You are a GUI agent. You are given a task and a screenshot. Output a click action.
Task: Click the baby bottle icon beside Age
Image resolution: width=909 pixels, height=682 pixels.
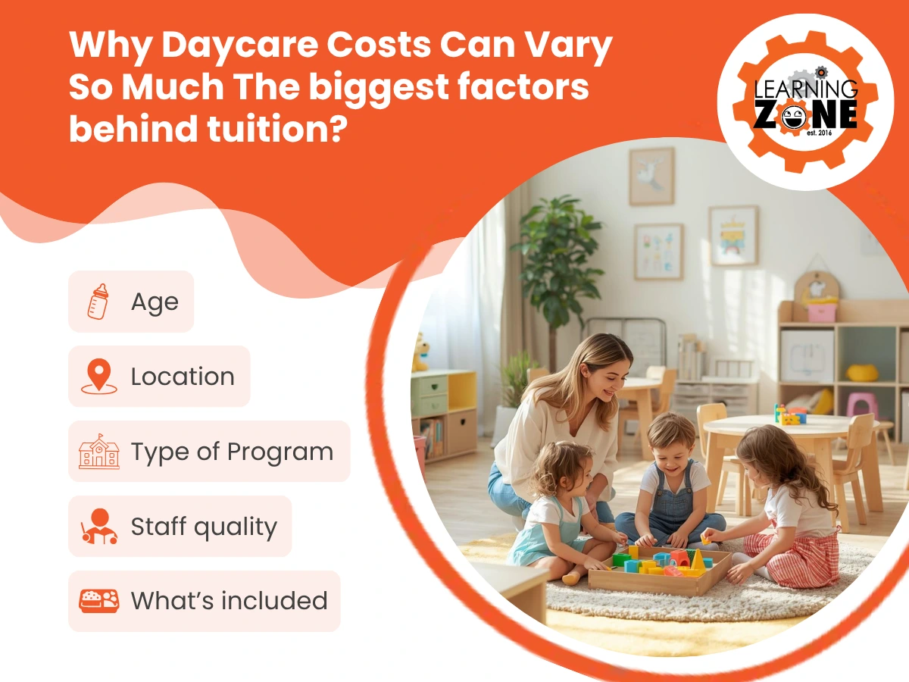(98, 302)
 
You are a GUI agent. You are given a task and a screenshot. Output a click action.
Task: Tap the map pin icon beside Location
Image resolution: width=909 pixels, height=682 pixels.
(98, 377)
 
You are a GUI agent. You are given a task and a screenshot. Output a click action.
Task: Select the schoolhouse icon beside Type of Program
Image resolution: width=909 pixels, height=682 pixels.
(98, 452)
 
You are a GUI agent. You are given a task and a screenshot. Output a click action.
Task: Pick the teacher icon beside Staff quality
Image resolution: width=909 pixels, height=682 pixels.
(98, 527)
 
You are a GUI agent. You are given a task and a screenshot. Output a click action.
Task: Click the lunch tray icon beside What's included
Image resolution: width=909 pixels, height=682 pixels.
(98, 601)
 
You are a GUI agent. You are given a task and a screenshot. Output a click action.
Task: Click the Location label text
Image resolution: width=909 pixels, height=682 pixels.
(183, 377)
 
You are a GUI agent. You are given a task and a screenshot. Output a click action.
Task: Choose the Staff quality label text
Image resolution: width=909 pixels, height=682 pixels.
(204, 527)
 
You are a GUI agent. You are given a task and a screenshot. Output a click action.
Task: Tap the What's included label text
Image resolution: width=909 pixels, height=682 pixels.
(229, 601)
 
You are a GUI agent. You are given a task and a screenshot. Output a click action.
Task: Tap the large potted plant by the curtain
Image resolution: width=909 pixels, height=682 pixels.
(553, 250)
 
